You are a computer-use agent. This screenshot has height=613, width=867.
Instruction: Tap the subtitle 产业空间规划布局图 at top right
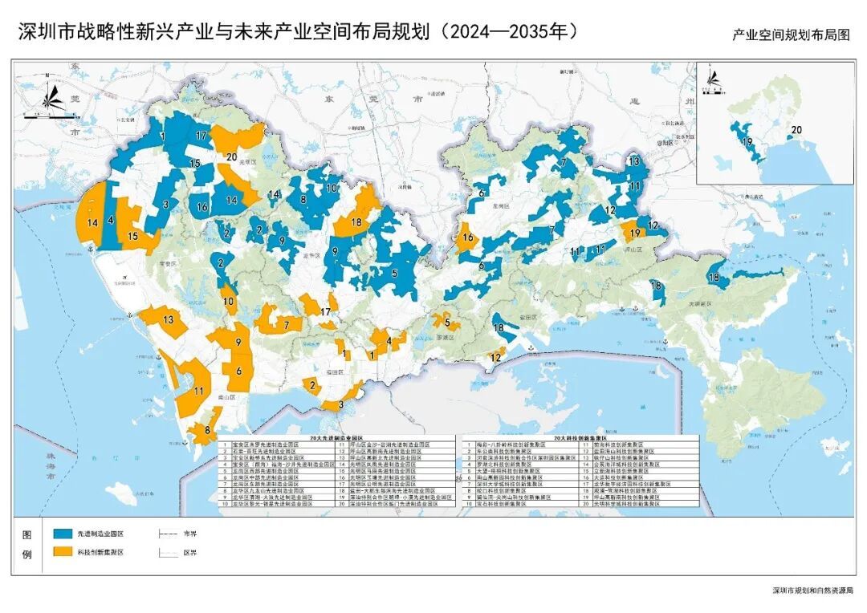tap(790, 35)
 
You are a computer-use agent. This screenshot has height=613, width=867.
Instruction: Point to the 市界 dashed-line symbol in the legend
tap(168, 534)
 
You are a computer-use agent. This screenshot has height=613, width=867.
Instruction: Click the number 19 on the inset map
tap(747, 142)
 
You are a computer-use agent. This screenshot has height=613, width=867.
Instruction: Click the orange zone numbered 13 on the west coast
tap(168, 321)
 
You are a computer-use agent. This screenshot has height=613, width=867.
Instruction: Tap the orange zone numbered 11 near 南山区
tap(197, 391)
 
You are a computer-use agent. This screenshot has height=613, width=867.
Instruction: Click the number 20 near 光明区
tap(231, 157)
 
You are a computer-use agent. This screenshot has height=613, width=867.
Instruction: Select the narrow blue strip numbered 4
tap(110, 219)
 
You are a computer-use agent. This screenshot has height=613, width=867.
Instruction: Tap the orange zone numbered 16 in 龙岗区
tap(466, 237)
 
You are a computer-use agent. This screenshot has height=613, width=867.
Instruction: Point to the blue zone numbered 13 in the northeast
tap(634, 161)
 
